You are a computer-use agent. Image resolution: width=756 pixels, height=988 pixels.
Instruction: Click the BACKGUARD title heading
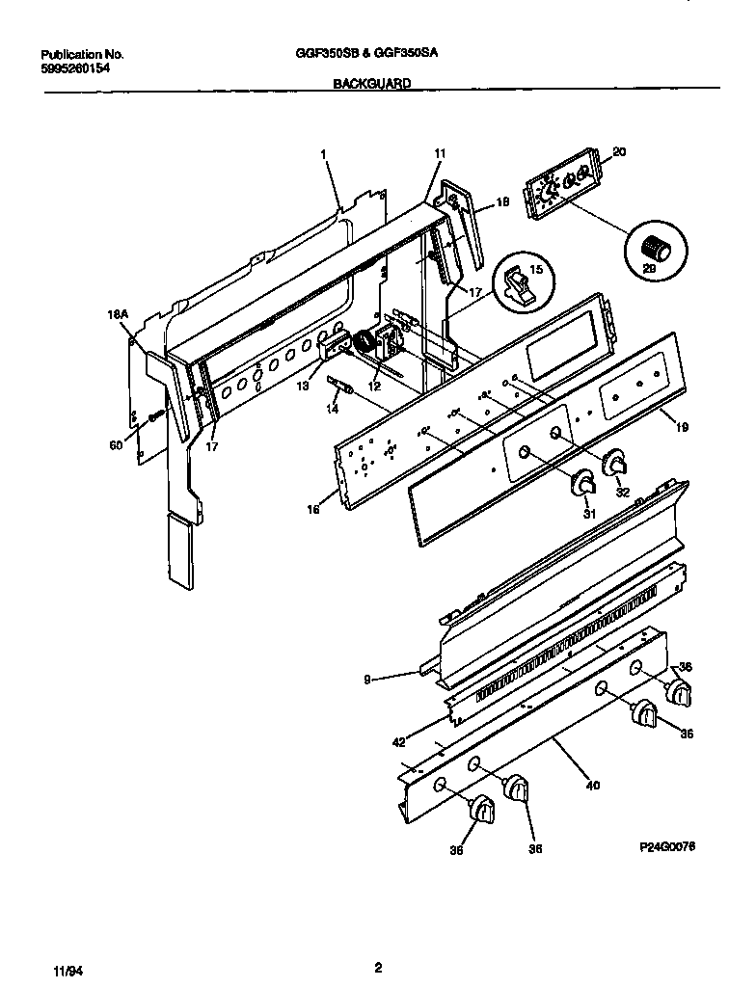371,84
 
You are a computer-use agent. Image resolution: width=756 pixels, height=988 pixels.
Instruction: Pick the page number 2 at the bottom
378,967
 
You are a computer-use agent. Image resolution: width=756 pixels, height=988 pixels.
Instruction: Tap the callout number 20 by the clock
619,151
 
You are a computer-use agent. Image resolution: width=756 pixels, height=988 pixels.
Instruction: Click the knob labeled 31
581,485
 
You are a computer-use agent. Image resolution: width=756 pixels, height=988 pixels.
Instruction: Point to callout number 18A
119,313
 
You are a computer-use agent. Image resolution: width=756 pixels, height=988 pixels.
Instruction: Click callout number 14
333,409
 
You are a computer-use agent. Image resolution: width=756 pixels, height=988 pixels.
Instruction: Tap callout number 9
366,680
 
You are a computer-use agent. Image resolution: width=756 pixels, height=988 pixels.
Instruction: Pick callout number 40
592,786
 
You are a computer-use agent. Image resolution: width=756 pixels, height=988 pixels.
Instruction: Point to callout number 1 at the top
323,153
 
